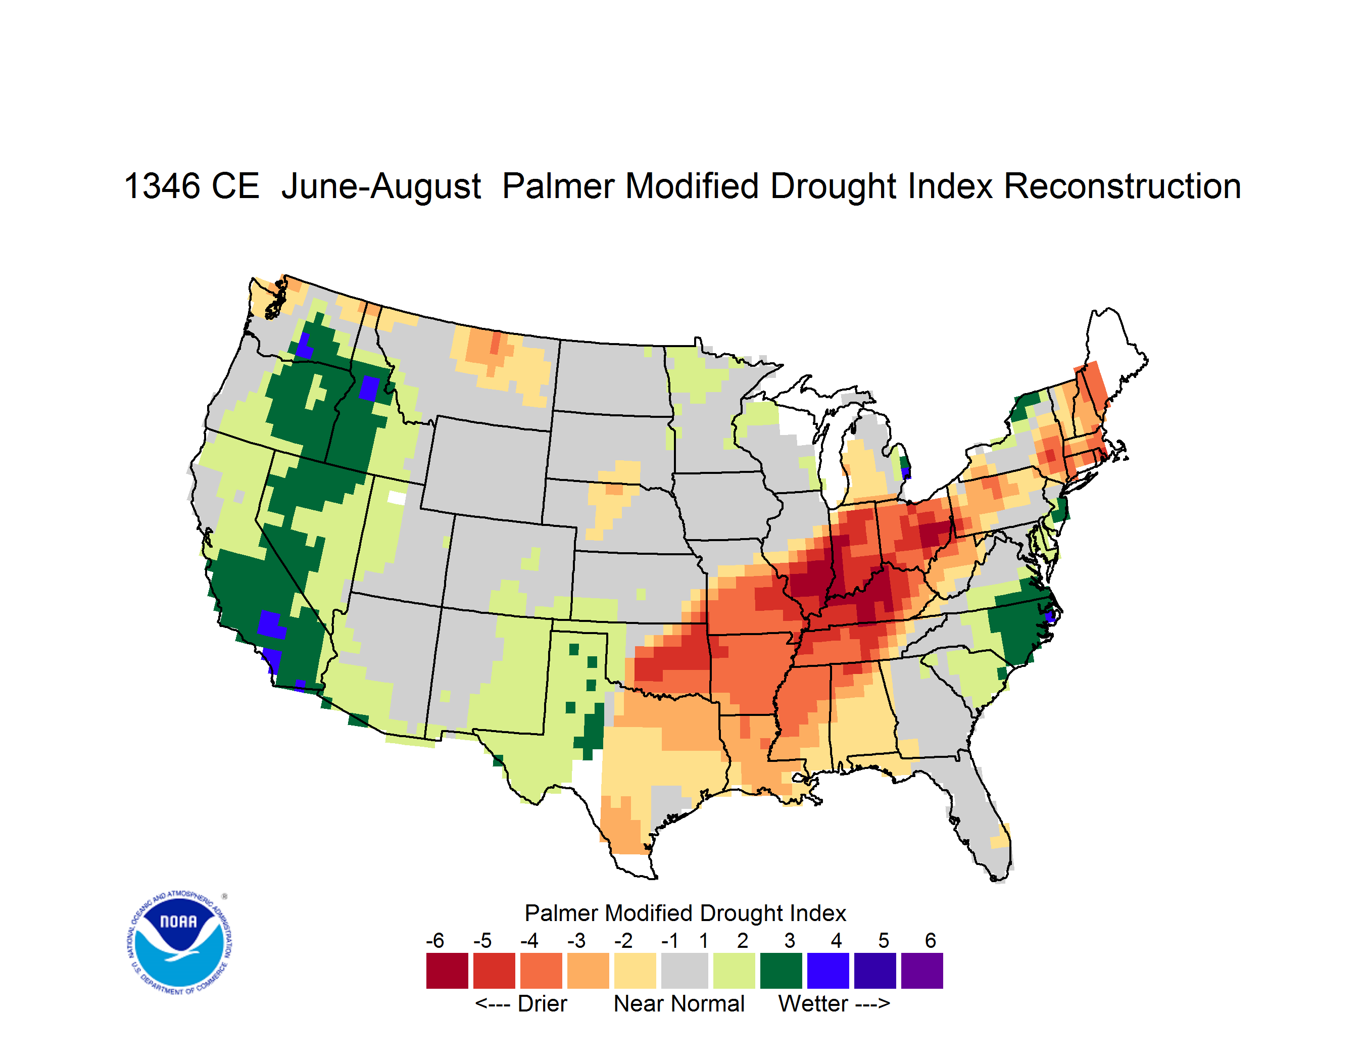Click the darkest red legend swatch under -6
pos(447,971)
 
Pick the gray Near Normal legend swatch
pos(685,971)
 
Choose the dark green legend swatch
pos(781,971)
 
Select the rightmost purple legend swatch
pos(922,971)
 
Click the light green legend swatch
pos(734,971)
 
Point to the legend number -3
pos(576,940)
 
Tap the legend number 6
pos(931,940)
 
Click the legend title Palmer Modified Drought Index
pos(685,913)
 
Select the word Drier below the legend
pos(542,1003)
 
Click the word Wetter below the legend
pos(813,1003)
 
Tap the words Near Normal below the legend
pos(679,1003)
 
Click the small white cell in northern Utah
pos(397,497)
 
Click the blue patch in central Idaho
pos(369,388)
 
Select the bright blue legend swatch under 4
pos(828,971)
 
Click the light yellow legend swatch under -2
pos(635,971)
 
